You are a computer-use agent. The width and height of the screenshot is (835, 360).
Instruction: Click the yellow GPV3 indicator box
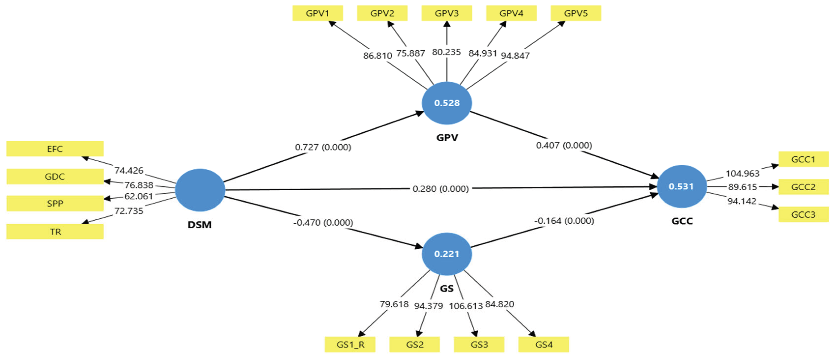coord(446,13)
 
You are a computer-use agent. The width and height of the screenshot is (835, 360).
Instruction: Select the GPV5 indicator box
coord(576,13)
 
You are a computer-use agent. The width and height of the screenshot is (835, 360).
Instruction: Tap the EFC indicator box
coord(55,149)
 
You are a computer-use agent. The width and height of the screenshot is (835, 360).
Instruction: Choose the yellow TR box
coord(55,231)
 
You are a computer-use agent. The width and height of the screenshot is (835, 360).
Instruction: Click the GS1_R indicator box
coord(350,344)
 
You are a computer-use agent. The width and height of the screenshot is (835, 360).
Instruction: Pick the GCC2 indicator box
coord(803,187)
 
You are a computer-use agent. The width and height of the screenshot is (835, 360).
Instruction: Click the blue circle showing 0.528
coord(447,103)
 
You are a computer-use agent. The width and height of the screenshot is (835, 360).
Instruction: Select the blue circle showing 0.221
coord(447,254)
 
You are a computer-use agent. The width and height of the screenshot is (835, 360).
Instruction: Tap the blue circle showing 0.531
coord(681,186)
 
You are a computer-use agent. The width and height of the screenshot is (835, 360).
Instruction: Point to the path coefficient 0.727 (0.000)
coord(323,147)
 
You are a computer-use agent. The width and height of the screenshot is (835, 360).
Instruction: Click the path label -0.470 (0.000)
coord(323,223)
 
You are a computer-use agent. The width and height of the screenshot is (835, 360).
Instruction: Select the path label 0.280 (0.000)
coord(441,188)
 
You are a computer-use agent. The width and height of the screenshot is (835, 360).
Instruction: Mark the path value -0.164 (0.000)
coord(564,221)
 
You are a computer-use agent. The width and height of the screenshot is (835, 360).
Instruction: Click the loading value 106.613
coord(465,306)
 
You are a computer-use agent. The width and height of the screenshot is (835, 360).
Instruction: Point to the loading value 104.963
coord(742,174)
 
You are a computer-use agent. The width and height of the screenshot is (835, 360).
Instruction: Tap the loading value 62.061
coord(138,196)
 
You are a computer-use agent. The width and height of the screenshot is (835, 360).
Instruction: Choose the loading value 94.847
coord(515,56)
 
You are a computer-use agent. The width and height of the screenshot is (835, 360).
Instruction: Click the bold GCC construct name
coord(682,221)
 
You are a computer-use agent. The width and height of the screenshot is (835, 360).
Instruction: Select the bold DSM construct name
coord(200,225)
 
